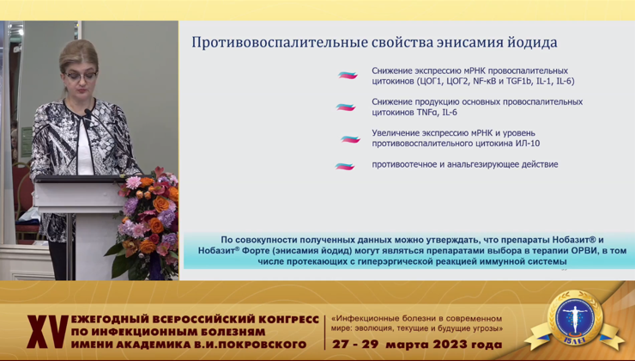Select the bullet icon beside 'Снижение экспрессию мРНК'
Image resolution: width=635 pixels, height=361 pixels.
pyautogui.click(x=348, y=75)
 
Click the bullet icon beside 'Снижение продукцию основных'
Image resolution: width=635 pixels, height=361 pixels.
pyautogui.click(x=346, y=107)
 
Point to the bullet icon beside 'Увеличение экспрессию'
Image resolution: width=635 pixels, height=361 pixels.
pyautogui.click(x=350, y=139)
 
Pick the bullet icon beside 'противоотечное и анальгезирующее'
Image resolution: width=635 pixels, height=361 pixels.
pyautogui.click(x=345, y=166)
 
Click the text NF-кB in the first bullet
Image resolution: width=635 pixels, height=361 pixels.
pyautogui.click(x=484, y=81)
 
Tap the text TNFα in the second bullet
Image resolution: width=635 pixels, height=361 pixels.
pyautogui.click(x=427, y=113)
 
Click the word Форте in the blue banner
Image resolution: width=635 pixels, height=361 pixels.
pyautogui.click(x=253, y=251)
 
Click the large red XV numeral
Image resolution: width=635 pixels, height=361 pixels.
pyautogui.click(x=48, y=332)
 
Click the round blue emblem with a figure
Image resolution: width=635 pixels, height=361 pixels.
pyautogui.click(x=575, y=317)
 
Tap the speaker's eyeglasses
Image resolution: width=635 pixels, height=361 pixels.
pyautogui.click(x=80, y=76)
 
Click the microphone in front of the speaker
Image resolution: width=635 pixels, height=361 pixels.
pyautogui.click(x=88, y=112)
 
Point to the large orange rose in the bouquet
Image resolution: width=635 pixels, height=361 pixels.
pyautogui.click(x=161, y=204)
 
